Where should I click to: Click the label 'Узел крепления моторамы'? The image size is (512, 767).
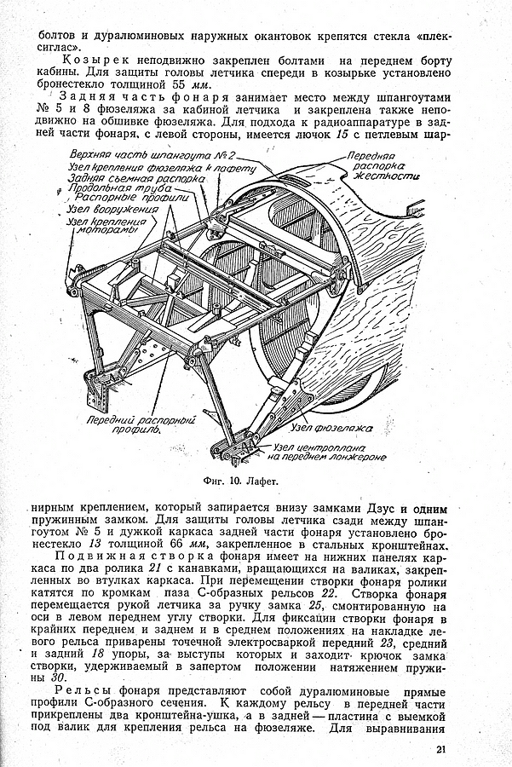pyautogui.click(x=104, y=225)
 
